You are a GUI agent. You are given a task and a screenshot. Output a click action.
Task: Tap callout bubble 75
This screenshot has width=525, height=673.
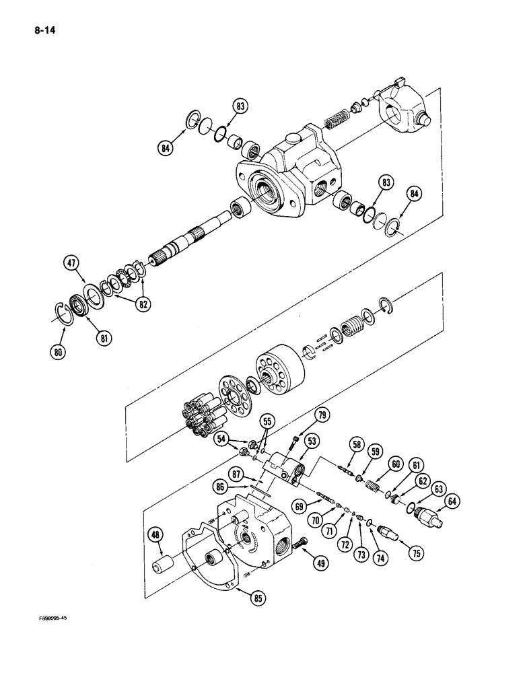(415, 554)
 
